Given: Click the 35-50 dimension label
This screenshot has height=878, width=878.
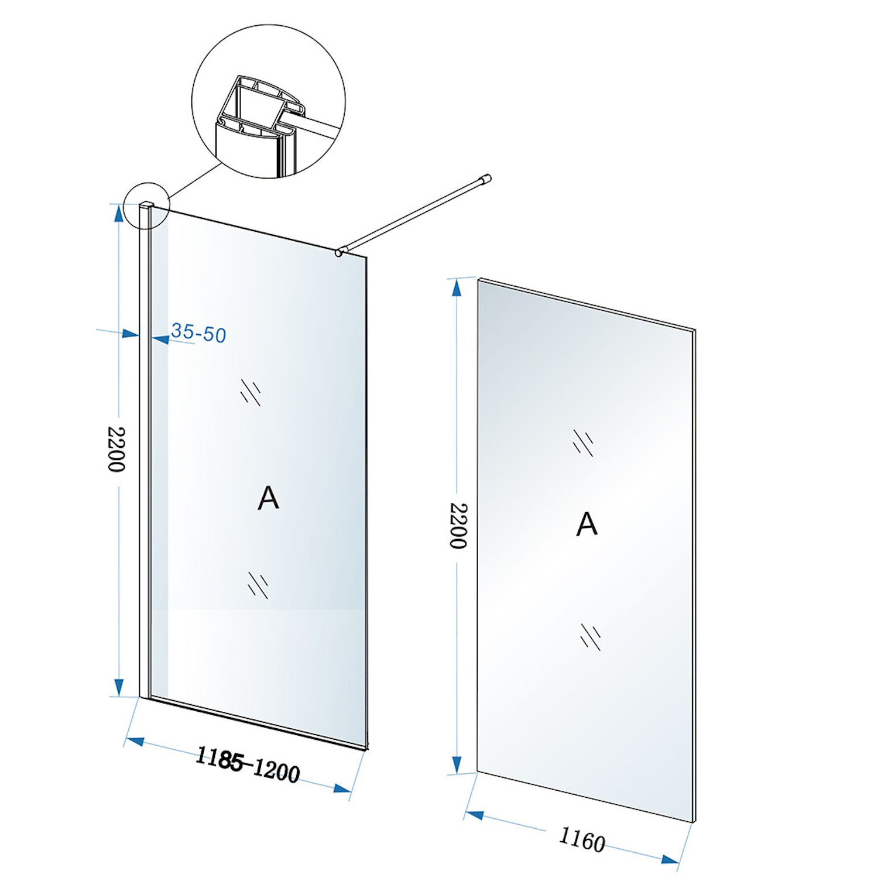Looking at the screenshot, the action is (x=198, y=333).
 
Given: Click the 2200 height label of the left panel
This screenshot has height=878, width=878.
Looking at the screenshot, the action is (x=116, y=449).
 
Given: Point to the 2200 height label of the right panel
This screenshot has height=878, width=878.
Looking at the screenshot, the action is (x=458, y=525).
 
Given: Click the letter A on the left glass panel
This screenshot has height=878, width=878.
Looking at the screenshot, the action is (x=268, y=499).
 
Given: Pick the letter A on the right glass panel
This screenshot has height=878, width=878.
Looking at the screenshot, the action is (x=587, y=524).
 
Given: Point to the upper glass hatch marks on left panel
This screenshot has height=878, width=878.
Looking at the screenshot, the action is (x=251, y=392).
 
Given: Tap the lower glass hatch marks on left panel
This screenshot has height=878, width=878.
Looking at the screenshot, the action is (x=258, y=585).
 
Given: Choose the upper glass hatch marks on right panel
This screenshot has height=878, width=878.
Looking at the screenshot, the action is (x=583, y=443).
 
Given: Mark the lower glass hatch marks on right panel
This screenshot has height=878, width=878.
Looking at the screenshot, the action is (x=590, y=636).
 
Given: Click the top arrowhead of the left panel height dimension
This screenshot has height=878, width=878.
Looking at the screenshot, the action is (x=119, y=213).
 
